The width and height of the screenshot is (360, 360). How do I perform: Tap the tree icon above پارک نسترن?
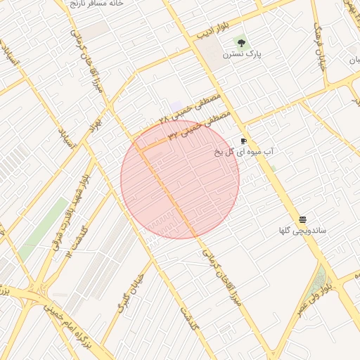pos(241,43)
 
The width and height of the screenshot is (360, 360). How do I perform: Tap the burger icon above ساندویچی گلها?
pos(302,219)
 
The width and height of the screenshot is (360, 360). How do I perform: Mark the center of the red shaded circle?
pos(180,179)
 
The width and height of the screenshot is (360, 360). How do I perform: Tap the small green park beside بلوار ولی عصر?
pos(322,279)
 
